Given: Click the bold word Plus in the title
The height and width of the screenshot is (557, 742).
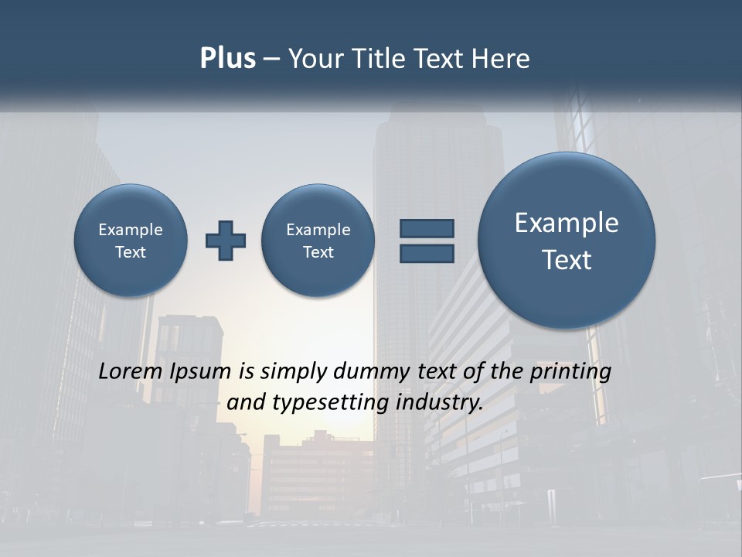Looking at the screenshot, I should click(x=227, y=59).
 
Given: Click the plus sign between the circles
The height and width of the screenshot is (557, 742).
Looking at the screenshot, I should click(x=226, y=241).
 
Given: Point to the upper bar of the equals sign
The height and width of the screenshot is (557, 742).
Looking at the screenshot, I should click(x=427, y=228).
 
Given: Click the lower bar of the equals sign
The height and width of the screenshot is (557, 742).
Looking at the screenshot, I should click(x=427, y=253).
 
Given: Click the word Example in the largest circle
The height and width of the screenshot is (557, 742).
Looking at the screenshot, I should click(x=567, y=223).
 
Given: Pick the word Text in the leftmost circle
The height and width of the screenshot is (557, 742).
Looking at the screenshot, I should click(x=131, y=252).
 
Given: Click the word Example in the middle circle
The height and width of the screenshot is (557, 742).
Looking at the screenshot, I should click(x=318, y=230).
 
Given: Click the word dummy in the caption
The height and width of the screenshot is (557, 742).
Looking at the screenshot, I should click(x=373, y=372).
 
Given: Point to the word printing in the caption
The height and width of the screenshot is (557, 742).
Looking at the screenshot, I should click(x=570, y=372).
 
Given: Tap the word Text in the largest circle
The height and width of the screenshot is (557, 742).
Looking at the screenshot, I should click(x=567, y=260).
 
